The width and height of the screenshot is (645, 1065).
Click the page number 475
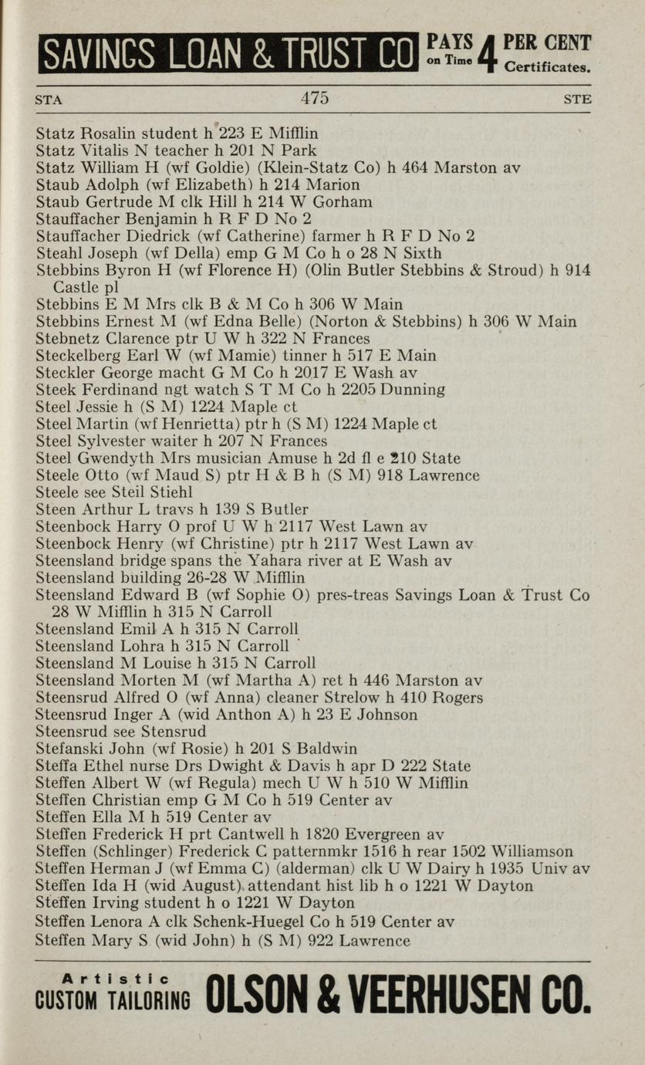click(x=315, y=98)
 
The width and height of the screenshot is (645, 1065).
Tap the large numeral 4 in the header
click(x=485, y=54)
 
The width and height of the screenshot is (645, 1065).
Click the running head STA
click(x=49, y=100)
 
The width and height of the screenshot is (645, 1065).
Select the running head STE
click(x=577, y=100)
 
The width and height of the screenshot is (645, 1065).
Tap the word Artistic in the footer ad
click(x=113, y=979)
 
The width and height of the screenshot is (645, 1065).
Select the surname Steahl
click(x=59, y=253)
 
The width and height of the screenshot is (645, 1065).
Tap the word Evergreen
click(x=383, y=834)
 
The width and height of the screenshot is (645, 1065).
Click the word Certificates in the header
click(x=547, y=67)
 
